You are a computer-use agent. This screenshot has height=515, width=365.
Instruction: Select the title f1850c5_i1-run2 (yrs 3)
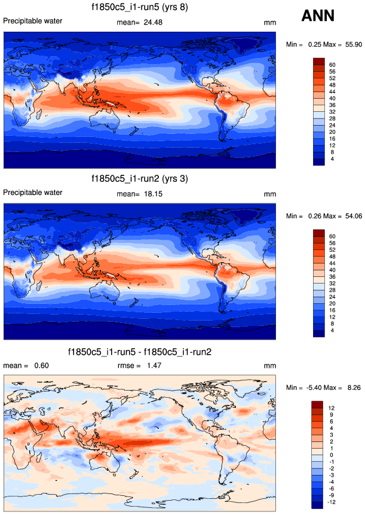coord(140,179)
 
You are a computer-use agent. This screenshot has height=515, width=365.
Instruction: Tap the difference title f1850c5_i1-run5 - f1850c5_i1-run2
coord(140,351)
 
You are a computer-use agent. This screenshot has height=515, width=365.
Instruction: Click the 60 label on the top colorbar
coord(332,65)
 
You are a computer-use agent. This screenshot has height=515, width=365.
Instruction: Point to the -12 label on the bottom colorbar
coord(332,502)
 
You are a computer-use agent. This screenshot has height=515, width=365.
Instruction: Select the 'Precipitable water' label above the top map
coord(33,21)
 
